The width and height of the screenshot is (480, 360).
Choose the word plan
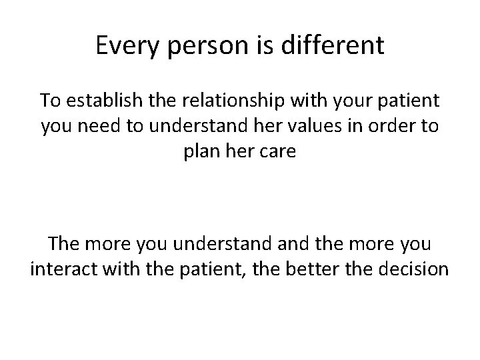click(x=200, y=151)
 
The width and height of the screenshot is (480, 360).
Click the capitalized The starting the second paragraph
click(x=64, y=245)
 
